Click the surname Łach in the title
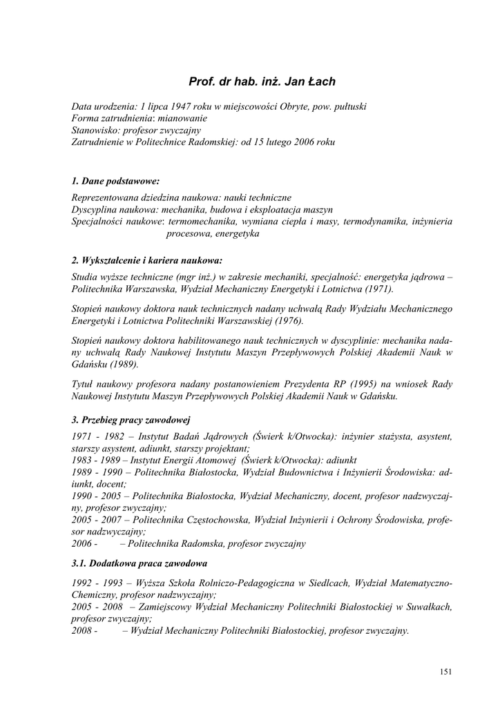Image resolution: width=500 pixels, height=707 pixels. [x=322, y=82]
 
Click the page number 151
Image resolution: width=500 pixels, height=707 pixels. [x=445, y=671]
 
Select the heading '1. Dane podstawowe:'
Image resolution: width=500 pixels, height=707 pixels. [x=115, y=181]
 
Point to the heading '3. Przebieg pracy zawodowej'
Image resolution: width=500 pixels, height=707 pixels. [x=131, y=419]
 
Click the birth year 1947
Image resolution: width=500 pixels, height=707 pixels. [x=182, y=107]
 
